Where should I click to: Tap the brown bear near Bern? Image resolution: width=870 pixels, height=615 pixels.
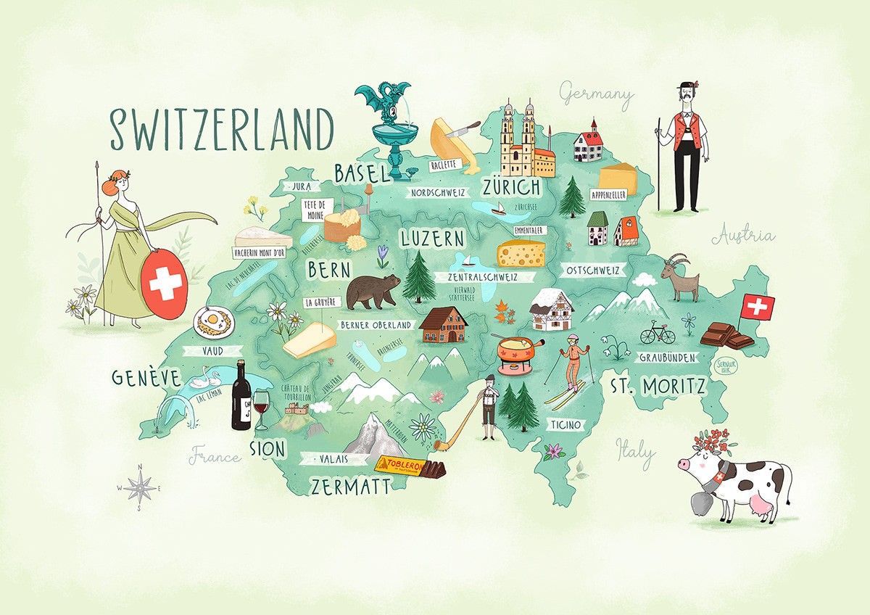372,290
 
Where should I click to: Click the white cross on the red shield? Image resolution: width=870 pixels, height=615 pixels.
166,284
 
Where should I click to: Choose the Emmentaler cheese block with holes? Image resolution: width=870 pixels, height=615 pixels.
520,252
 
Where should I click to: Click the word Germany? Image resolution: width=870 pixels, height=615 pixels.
597,94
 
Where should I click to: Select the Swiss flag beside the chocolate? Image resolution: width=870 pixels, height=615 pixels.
757,306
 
